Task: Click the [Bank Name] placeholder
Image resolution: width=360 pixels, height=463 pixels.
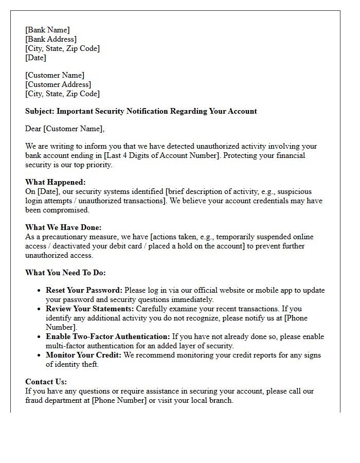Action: coord(47,30)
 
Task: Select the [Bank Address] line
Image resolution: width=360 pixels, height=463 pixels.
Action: coord(51,39)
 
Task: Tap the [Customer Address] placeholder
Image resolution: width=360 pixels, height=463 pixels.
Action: coord(58,84)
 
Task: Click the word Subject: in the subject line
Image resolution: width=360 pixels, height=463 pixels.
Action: coord(40,111)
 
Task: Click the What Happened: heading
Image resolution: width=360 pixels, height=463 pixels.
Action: coord(56,182)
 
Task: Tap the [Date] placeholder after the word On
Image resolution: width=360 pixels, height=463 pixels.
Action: coord(48,191)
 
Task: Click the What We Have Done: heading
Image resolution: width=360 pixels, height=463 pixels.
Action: coord(63,227)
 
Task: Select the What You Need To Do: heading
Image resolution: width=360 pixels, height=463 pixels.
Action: coord(65,273)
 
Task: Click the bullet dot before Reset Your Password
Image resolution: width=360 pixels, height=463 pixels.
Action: coord(39,291)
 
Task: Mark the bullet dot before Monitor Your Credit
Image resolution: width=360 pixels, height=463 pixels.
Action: coord(39,355)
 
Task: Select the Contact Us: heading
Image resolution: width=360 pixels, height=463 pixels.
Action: coord(46,382)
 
